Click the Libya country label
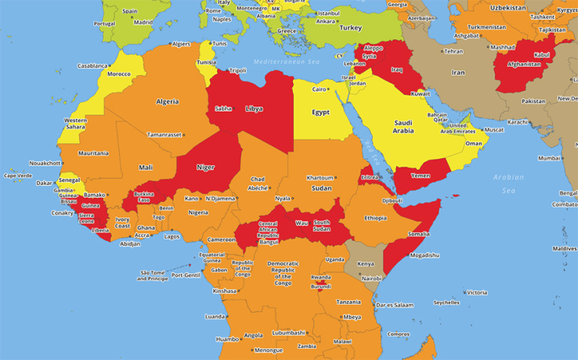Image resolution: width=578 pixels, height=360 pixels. [x=254, y=109]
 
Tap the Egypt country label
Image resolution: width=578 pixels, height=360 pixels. [x=320, y=112]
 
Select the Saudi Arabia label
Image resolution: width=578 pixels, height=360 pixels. [x=409, y=127]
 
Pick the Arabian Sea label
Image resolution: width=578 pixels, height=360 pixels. [x=509, y=184]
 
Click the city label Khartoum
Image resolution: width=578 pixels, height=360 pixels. [x=320, y=177]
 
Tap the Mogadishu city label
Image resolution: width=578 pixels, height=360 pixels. [x=423, y=255]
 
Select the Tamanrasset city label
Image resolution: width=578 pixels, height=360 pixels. [x=164, y=135]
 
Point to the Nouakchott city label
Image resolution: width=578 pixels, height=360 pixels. [x=45, y=163]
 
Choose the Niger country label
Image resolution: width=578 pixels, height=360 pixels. [x=205, y=167]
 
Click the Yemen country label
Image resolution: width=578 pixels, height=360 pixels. [x=421, y=175]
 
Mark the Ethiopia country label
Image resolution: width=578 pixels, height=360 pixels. [x=375, y=217]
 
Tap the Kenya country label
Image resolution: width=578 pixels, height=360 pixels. [x=365, y=264]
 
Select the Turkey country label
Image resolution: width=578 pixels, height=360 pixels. [x=350, y=28]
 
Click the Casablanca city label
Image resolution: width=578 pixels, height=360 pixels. [x=92, y=66]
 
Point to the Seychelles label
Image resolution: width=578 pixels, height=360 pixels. [x=446, y=302]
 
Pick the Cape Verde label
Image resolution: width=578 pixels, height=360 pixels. [x=18, y=176]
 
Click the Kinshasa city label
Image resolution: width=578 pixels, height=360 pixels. [x=224, y=291]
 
